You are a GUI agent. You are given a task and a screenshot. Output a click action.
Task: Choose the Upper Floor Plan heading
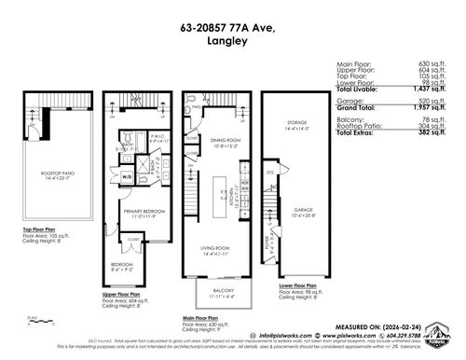(x=125, y=294)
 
